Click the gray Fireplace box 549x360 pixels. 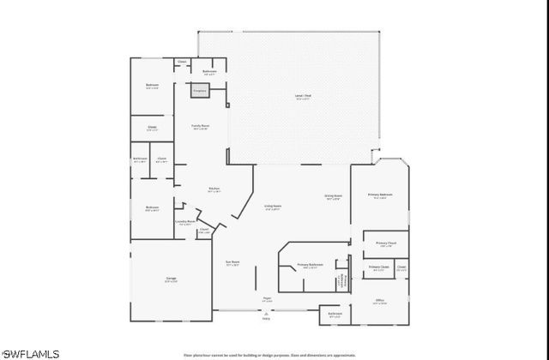[x=200, y=88]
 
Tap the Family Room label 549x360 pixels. [x=200, y=126]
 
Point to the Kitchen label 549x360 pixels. [x=214, y=189]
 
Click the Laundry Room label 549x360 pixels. [x=185, y=221]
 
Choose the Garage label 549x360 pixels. [x=170, y=279]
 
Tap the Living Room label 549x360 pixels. [x=273, y=207]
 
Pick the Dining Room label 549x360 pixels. [x=333, y=196]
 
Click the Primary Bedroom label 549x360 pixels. [x=380, y=196]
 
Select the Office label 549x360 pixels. [x=379, y=300]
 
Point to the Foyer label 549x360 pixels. [x=267, y=299]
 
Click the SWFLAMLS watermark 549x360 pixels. [x=30, y=352]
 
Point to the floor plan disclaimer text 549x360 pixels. [x=269, y=353]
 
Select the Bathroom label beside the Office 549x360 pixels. [x=335, y=314]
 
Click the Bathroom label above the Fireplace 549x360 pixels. [x=209, y=71]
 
